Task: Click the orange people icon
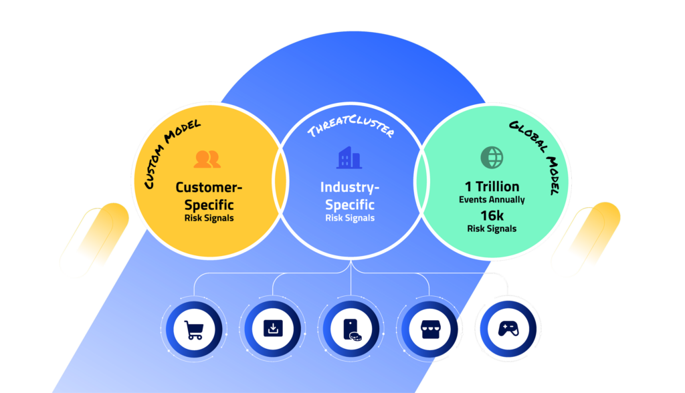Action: point(207,159)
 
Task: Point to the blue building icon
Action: point(349,158)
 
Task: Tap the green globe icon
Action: point(492,157)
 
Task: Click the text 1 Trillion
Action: point(492,186)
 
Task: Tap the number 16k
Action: point(492,215)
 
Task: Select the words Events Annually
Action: point(492,199)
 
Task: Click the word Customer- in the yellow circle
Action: point(208,187)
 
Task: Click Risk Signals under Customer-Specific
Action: point(208,218)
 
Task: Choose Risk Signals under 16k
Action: point(492,229)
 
